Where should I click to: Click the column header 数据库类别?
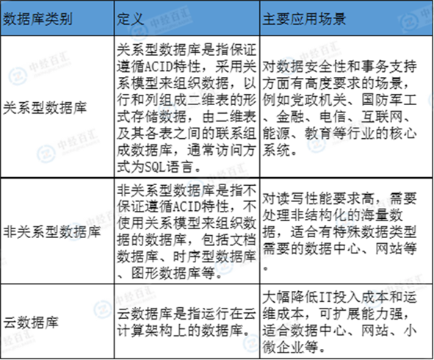tap(37, 19)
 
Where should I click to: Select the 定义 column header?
tap(130, 19)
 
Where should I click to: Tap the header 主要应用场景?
tap(304, 19)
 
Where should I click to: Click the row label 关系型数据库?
tap(45, 108)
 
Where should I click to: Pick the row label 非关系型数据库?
tap(51, 231)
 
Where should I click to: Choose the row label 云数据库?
tap(31, 323)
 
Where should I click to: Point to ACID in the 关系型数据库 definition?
tap(159, 67)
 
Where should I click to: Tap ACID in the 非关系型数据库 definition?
tap(189, 206)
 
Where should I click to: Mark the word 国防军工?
tap(389, 100)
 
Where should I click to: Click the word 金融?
tap(290, 117)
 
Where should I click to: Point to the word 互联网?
tap(382, 117)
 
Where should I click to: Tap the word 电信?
tap(333, 117)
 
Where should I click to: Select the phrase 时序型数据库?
tap(214, 257)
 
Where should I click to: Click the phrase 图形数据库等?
tap(173, 274)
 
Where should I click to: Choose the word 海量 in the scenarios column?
tap(375, 215)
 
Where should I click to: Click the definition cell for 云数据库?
tap(187, 322)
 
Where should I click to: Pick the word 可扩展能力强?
tap(361, 314)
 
